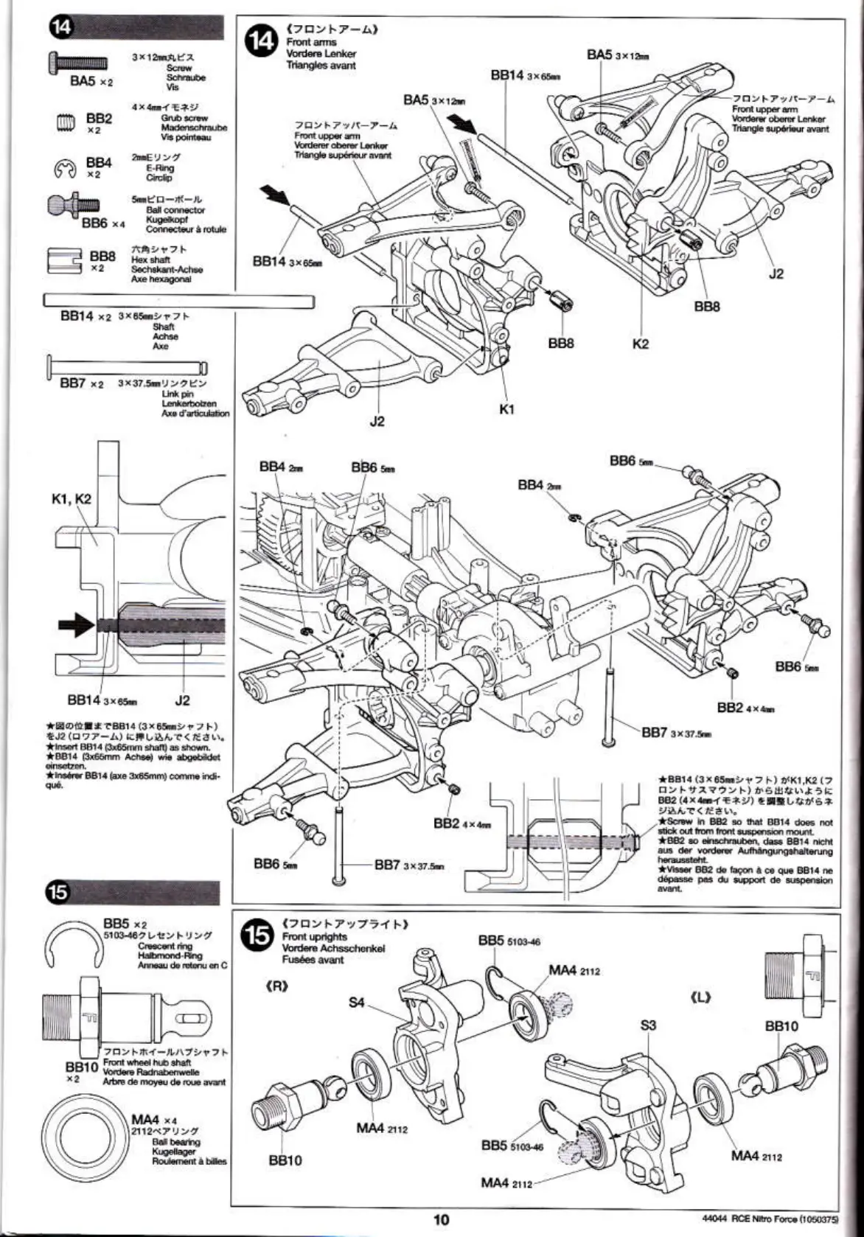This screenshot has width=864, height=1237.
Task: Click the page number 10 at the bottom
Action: pos(441,1219)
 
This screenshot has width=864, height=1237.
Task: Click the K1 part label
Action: pos(506,409)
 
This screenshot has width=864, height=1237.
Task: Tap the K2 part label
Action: pos(640,344)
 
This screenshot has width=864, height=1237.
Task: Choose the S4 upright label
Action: pos(357,1003)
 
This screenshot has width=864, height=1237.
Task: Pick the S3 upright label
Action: pos(648,1025)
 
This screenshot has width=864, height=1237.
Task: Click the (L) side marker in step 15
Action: pos(700,997)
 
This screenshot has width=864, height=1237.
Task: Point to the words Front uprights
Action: pos(314,936)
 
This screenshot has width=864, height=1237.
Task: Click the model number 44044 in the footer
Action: pos(714,1219)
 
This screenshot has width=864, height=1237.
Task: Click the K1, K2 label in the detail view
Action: pos(71,498)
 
